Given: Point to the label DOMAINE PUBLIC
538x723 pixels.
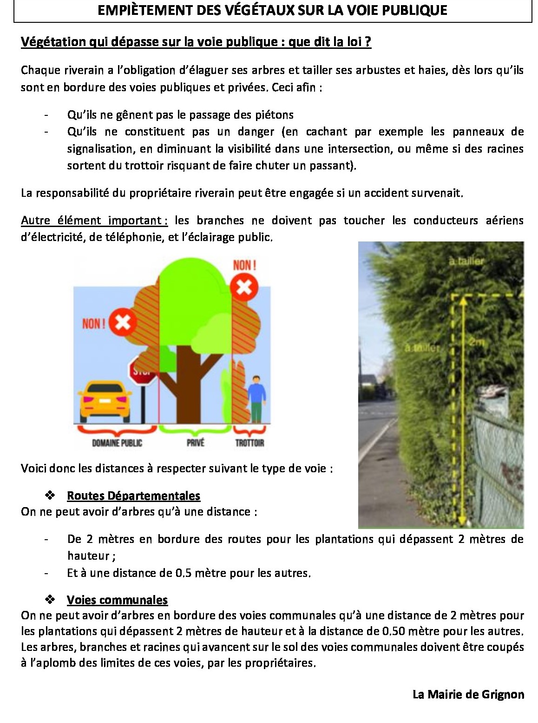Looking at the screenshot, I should pyautogui.click(x=117, y=443).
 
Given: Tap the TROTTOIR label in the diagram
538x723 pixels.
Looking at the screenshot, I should pyautogui.click(x=249, y=443).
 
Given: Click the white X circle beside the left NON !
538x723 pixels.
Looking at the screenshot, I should pyautogui.click(x=123, y=321).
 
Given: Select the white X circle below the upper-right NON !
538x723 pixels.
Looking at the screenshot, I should pyautogui.click(x=244, y=286).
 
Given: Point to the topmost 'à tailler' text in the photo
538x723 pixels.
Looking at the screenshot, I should pyautogui.click(x=466, y=261).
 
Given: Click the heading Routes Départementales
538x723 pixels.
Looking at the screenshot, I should pyautogui.click(x=133, y=495).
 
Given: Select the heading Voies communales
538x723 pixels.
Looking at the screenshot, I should pyautogui.click(x=117, y=600).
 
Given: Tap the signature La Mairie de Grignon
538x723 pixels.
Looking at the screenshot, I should pyautogui.click(x=468, y=695).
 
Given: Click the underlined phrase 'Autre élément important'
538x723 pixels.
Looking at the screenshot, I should pyautogui.click(x=94, y=220).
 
